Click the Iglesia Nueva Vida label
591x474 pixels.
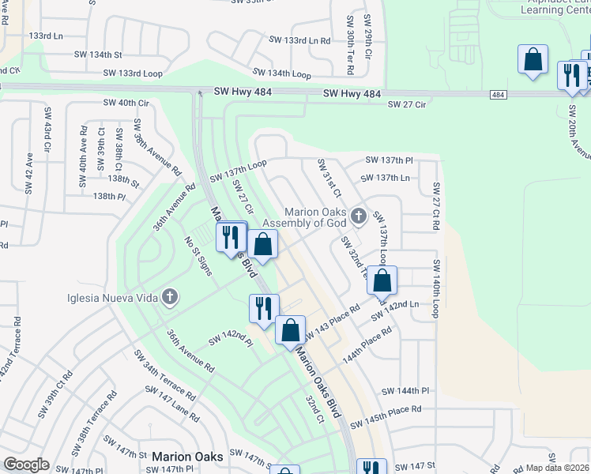coord(111,298)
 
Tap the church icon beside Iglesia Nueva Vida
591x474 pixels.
coord(169,298)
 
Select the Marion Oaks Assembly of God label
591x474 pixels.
coord(317,217)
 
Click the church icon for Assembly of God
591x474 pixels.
coord(358,215)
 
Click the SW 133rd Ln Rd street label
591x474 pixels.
coord(299,40)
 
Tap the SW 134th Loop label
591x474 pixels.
coord(278,73)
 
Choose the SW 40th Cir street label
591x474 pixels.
coord(126,103)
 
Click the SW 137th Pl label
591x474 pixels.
coord(389,160)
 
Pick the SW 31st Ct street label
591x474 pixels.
coord(329,179)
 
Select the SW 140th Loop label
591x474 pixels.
coord(435,289)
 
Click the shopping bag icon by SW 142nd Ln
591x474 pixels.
coord(382,280)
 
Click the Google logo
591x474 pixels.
coord(26,464)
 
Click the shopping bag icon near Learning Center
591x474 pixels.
coord(533,60)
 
